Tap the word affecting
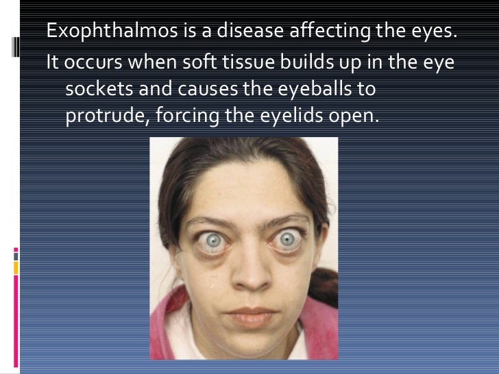point(328,32)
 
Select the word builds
point(303,62)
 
